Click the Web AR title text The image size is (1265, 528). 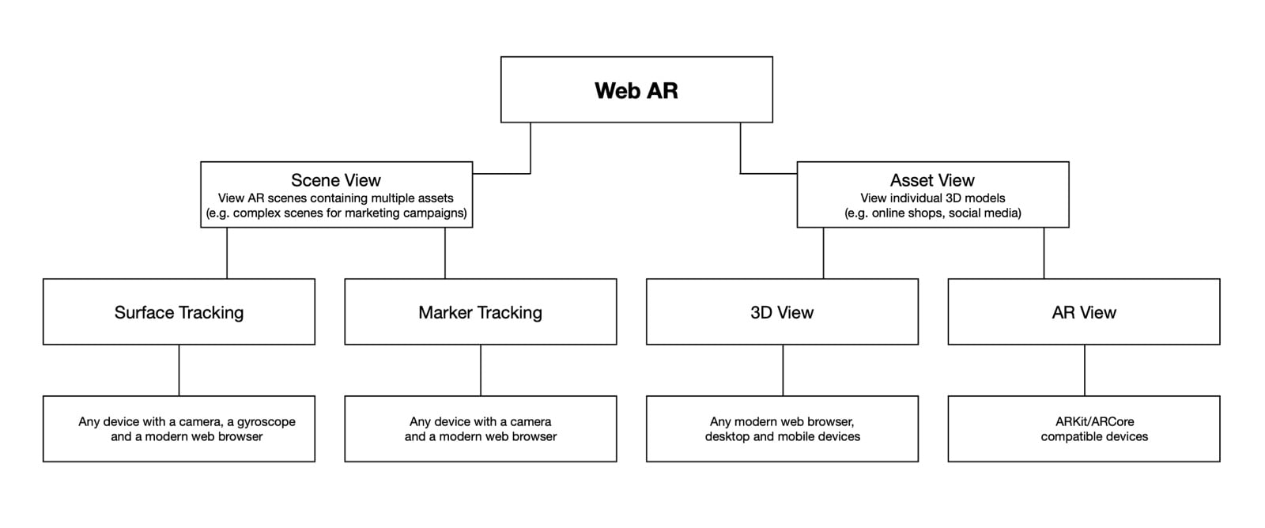pyautogui.click(x=636, y=90)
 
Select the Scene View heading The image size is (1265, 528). pyautogui.click(x=336, y=180)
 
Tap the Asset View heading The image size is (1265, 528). pyautogui.click(x=932, y=180)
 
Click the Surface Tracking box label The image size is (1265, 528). pyautogui.click(x=179, y=312)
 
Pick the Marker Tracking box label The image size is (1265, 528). pyautogui.click(x=480, y=312)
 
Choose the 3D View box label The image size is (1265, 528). pyautogui.click(x=782, y=312)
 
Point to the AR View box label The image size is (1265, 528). pyautogui.click(x=1084, y=312)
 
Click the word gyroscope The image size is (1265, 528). pyautogui.click(x=266, y=422)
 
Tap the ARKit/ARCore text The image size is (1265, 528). pyautogui.click(x=1094, y=421)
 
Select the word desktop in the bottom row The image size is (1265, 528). pyautogui.click(x=727, y=436)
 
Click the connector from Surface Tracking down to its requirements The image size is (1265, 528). pyautogui.click(x=179, y=370)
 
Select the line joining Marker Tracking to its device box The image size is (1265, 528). pyautogui.click(x=481, y=370)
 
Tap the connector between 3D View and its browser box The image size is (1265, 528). pyautogui.click(x=783, y=370)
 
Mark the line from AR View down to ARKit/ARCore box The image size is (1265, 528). pyautogui.click(x=1084, y=370)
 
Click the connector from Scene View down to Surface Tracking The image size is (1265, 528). pyautogui.click(x=227, y=253)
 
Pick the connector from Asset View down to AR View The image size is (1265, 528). pyautogui.click(x=1044, y=253)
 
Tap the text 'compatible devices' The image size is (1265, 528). pyautogui.click(x=1094, y=436)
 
